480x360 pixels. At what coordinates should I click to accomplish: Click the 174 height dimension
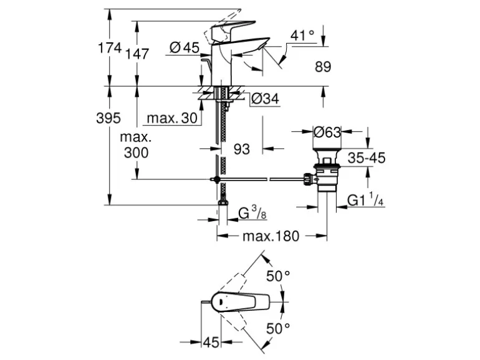[109, 48]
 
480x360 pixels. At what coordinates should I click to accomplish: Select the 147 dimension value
[137, 54]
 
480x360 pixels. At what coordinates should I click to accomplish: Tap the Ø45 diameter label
[185, 48]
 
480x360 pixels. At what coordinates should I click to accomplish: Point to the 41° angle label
[302, 36]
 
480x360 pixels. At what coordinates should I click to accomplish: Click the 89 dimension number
[323, 67]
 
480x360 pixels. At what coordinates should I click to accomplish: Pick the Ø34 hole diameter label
[265, 98]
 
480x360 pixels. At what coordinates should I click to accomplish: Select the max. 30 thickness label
[172, 118]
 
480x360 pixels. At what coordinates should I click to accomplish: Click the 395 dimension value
[108, 118]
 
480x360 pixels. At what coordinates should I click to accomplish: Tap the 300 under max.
[137, 152]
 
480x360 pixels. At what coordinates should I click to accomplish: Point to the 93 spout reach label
[241, 149]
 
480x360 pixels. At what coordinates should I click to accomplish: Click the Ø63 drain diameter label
[327, 132]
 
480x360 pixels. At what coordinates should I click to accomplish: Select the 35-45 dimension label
[367, 158]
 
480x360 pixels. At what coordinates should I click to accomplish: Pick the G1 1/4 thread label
[365, 201]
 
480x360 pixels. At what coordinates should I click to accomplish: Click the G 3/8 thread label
[252, 213]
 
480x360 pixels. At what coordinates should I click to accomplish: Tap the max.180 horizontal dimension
[271, 236]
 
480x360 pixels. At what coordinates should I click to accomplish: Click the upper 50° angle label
[278, 276]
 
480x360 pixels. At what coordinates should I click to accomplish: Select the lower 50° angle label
[278, 329]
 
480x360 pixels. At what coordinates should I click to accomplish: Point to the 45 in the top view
[211, 342]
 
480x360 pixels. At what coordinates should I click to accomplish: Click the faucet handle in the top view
[240, 301]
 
